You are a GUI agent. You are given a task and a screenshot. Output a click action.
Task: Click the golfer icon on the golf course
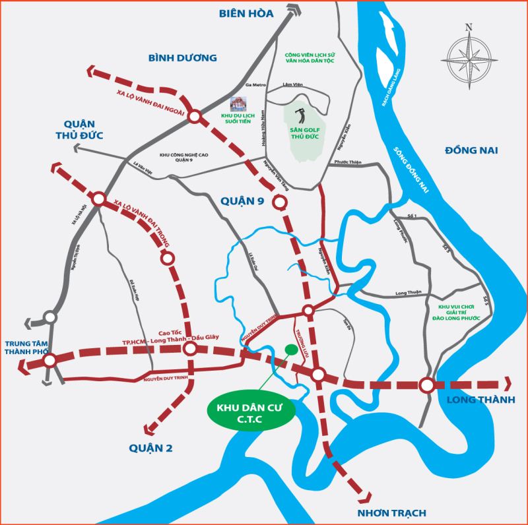[300, 115]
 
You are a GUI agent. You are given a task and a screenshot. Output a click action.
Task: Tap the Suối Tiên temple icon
[236, 104]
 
